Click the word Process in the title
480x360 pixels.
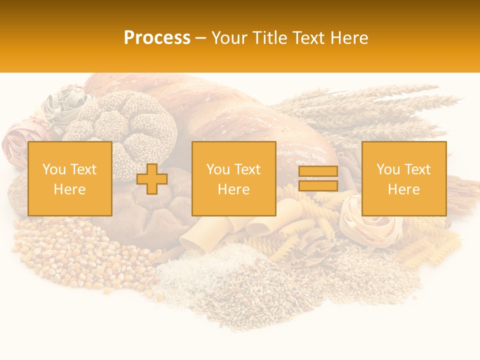click(157, 38)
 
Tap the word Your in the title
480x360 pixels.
click(231, 38)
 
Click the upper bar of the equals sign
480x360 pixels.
click(318, 171)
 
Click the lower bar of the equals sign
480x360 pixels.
click(318, 186)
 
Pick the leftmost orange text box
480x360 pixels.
click(70, 178)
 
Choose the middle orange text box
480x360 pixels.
click(234, 178)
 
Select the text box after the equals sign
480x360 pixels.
click(404, 178)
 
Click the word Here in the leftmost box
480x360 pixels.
click(70, 189)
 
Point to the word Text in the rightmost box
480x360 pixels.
click(418, 169)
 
